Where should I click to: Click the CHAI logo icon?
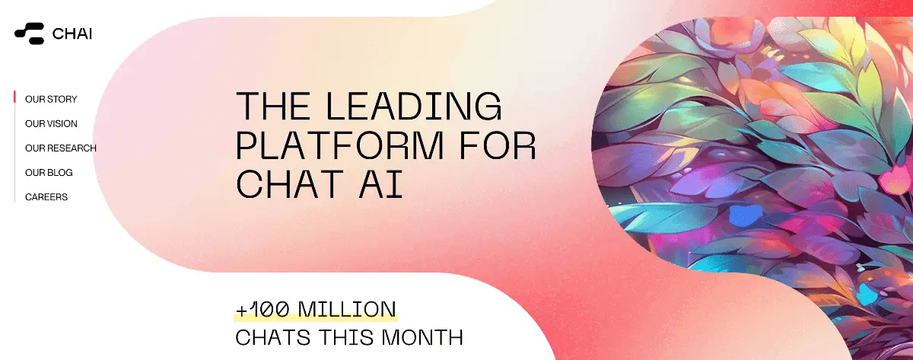click(30, 33)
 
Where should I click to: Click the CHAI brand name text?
click(72, 33)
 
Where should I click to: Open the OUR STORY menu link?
click(51, 99)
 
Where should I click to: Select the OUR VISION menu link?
click(51, 123)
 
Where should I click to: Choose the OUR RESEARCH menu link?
click(61, 148)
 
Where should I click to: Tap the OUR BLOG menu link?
click(49, 173)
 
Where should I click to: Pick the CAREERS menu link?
click(46, 197)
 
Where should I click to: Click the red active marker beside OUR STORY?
click(14, 97)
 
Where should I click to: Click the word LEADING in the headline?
click(414, 106)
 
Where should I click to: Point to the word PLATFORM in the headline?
click(340, 145)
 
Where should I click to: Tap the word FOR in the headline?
click(498, 145)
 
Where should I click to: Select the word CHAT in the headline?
click(289, 184)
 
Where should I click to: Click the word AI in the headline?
click(381, 184)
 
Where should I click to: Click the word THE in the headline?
click(273, 106)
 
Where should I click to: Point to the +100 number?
click(262, 310)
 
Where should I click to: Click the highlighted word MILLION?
click(347, 310)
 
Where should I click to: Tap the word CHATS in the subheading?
click(273, 338)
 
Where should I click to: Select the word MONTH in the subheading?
click(422, 338)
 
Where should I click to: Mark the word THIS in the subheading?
click(346, 338)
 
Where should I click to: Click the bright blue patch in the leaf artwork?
click(745, 215)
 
